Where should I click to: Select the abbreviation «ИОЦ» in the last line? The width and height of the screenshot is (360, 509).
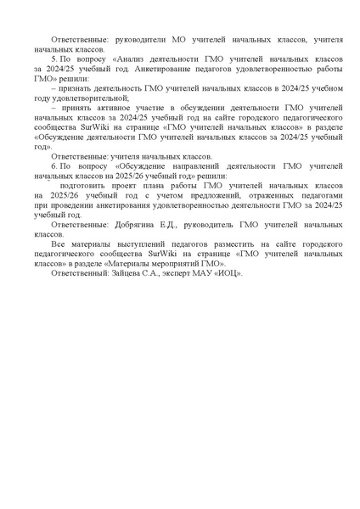[228, 271]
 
